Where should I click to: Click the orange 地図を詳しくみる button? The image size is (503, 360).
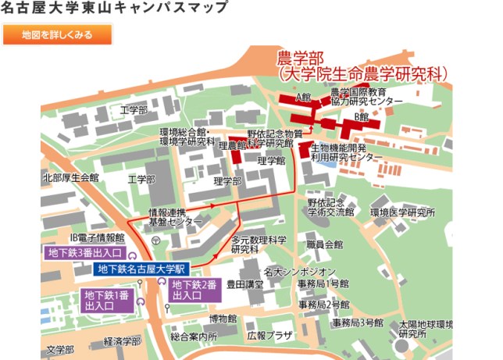click(x=57, y=35)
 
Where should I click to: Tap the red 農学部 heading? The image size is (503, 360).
click(x=300, y=59)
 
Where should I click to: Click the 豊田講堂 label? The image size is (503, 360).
click(x=244, y=285)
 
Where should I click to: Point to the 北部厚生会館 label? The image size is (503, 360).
click(x=70, y=178)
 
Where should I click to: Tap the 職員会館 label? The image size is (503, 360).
click(x=325, y=244)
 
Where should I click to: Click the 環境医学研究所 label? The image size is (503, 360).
click(x=402, y=212)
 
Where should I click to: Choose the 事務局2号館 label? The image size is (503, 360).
click(x=323, y=304)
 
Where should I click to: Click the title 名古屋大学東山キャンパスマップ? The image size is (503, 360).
click(x=115, y=9)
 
